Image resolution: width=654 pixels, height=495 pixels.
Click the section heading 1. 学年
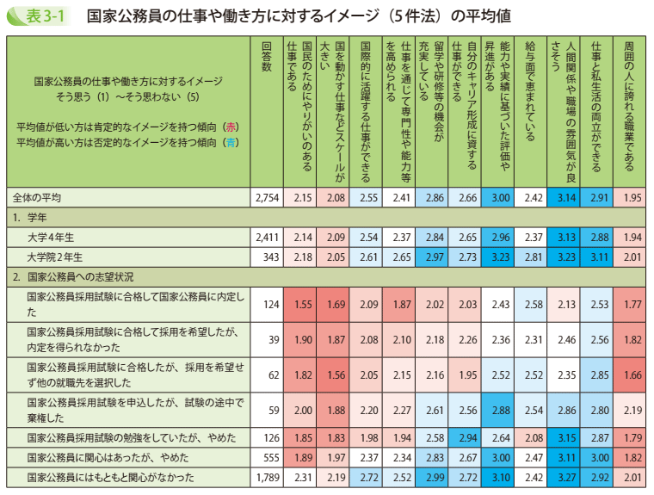point(30,217)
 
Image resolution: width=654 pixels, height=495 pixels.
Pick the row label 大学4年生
point(52,237)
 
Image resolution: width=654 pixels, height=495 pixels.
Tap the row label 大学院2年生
point(55,257)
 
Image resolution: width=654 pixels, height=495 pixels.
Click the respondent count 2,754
point(268,197)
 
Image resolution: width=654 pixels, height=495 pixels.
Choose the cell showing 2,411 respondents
point(268,237)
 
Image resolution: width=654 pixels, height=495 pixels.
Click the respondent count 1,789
point(268,476)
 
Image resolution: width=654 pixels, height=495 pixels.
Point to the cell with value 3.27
point(564,476)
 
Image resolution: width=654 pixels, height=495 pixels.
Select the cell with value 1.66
point(629,375)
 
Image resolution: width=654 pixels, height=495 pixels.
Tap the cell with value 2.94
point(466,436)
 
